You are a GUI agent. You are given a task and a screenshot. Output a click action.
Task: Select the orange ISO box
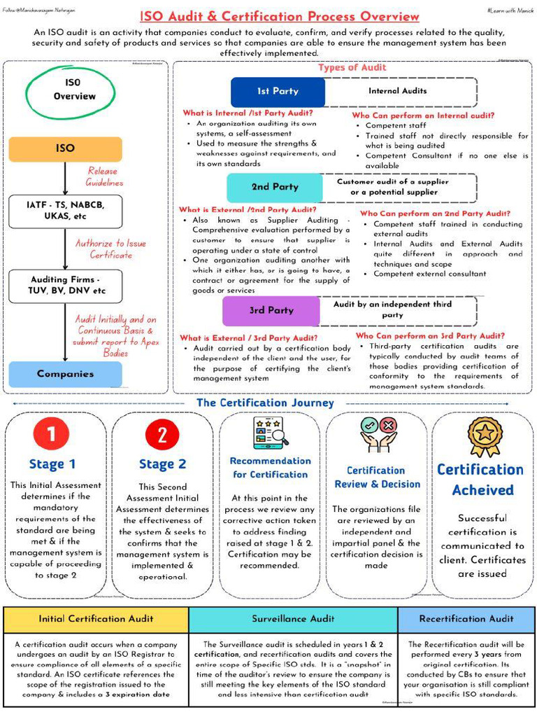(x=65, y=148)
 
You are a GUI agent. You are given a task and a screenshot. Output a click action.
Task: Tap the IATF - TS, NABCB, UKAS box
(x=65, y=211)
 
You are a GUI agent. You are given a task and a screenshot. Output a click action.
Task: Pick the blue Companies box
(x=65, y=374)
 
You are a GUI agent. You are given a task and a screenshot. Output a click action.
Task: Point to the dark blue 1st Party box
(x=278, y=92)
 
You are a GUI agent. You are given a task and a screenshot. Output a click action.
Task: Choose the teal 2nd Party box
(x=275, y=188)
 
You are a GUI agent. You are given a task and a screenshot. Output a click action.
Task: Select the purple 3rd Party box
(x=271, y=310)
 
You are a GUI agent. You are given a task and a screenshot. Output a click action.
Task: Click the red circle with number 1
(x=52, y=436)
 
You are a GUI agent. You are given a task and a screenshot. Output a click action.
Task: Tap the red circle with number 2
(x=162, y=436)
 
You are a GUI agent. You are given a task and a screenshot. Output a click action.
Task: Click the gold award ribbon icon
(x=484, y=435)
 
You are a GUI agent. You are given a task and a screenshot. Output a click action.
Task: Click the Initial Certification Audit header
(x=96, y=619)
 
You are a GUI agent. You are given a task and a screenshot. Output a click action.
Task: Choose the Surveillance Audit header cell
(x=293, y=619)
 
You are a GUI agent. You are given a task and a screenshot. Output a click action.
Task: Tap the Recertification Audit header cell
(x=466, y=619)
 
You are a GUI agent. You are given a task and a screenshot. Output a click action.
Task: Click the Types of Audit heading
(x=352, y=68)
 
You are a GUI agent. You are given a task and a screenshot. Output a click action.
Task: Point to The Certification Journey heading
(x=265, y=403)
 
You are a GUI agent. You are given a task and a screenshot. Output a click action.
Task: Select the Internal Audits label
(x=398, y=91)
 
